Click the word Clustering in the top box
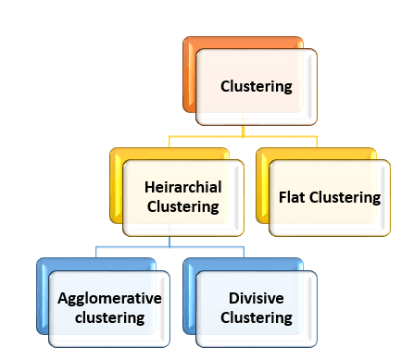coord(257,87)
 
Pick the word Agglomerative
coord(109,298)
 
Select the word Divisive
coord(257,298)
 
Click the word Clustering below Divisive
coord(257,317)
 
